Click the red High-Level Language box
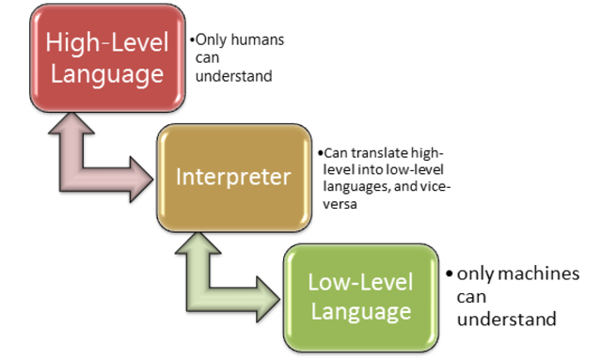[106, 57]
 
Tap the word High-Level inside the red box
[106, 43]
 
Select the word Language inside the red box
[106, 73]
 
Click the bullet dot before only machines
[450, 274]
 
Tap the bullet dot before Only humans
[191, 41]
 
